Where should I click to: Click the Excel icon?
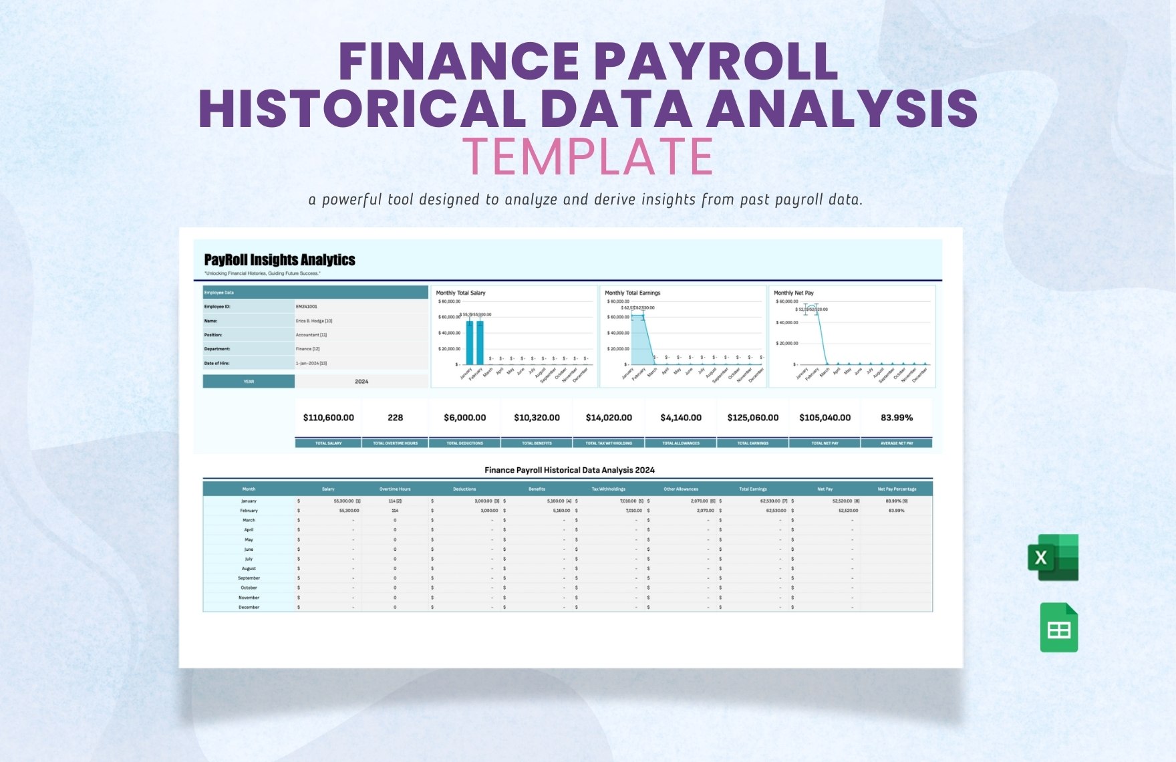[1053, 557]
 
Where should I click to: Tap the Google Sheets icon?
[1059, 628]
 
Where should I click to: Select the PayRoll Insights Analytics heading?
[279, 260]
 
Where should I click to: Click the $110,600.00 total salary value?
[328, 418]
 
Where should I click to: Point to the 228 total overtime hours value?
[395, 418]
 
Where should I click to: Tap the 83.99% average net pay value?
[896, 418]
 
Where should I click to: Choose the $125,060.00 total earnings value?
[752, 418]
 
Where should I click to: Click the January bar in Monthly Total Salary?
[470, 342]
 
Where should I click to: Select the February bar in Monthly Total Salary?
[480, 342]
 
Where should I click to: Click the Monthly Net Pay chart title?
[793, 293]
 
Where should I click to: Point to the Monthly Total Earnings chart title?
[632, 293]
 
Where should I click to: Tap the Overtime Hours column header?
[395, 489]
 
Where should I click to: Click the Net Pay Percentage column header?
[897, 489]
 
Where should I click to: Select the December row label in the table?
[249, 608]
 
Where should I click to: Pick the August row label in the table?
[249, 569]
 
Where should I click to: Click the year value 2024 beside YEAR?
[361, 382]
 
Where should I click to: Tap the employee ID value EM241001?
[307, 307]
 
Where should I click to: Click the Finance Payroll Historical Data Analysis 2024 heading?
[569, 470]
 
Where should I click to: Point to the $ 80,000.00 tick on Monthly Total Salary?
[448, 301]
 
